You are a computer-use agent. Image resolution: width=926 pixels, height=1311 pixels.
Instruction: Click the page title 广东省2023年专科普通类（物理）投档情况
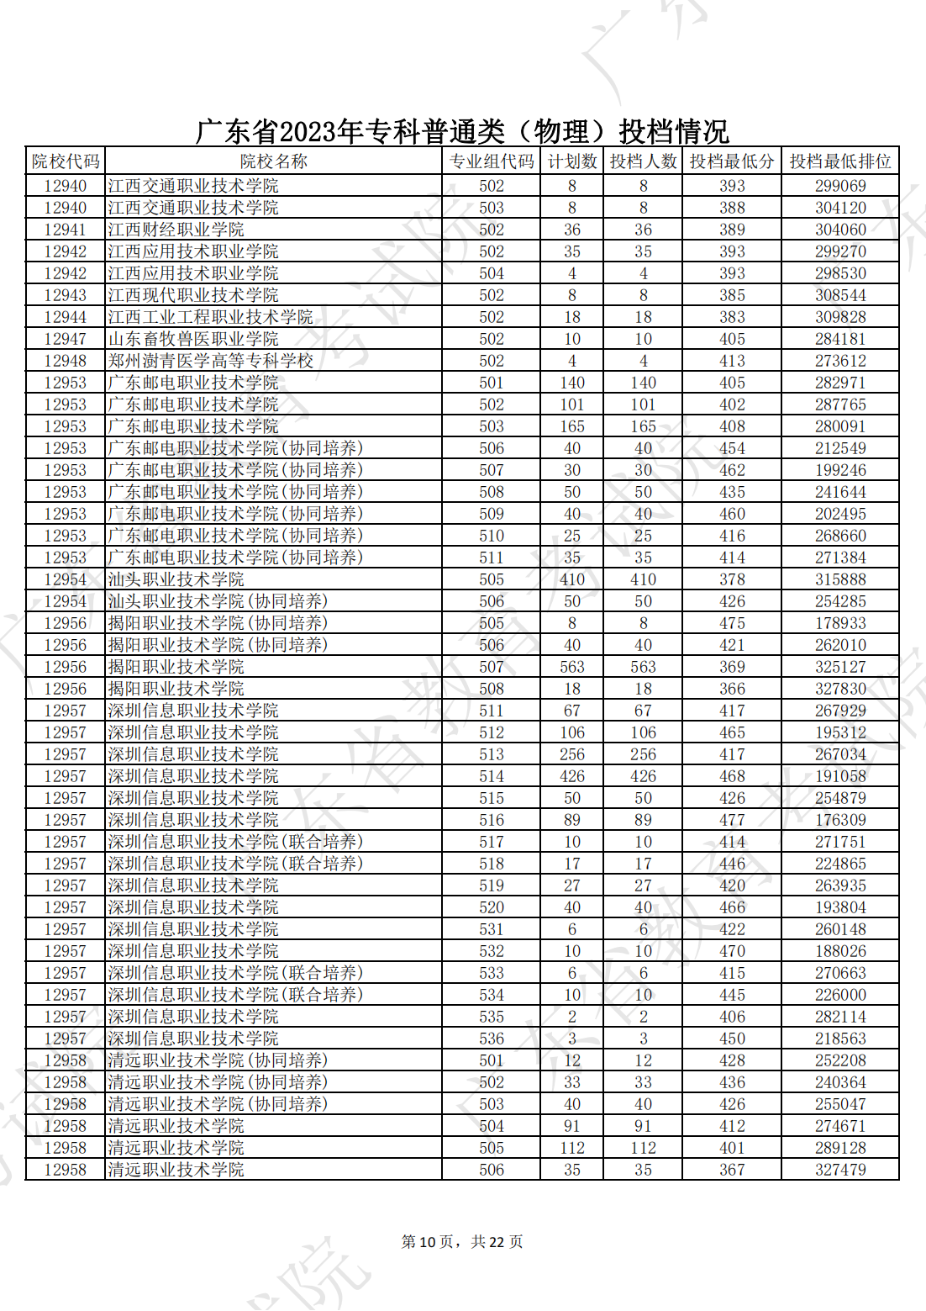click(x=462, y=131)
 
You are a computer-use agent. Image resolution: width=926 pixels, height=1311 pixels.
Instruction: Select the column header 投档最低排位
click(x=839, y=161)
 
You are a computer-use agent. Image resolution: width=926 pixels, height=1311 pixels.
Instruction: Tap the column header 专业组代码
click(x=492, y=161)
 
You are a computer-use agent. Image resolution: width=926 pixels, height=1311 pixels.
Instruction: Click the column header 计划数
click(x=571, y=161)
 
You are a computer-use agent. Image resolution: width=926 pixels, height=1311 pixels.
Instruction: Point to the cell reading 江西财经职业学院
click(x=176, y=230)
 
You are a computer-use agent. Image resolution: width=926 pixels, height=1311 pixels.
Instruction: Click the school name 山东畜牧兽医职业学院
click(x=193, y=339)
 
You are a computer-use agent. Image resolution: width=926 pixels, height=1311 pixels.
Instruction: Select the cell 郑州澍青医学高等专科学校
click(x=211, y=361)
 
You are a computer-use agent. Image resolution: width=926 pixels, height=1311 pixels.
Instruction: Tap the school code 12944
click(x=66, y=317)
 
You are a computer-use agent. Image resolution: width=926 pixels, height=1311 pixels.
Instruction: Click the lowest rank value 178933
click(x=839, y=623)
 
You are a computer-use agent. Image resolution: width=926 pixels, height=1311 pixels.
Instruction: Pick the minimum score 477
click(x=732, y=820)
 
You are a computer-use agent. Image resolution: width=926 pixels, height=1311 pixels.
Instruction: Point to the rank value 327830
click(x=839, y=689)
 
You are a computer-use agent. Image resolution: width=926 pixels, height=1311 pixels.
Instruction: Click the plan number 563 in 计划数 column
click(x=572, y=667)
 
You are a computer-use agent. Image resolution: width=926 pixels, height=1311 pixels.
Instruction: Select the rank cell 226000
click(x=839, y=995)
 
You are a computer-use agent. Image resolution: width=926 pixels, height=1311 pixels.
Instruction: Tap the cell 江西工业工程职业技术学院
click(x=211, y=317)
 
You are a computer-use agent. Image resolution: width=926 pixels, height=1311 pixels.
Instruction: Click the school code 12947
click(x=66, y=339)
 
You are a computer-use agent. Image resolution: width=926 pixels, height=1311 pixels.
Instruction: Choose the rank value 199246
click(x=839, y=470)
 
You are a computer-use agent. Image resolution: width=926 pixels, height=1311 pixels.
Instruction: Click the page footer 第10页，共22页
click(x=462, y=1242)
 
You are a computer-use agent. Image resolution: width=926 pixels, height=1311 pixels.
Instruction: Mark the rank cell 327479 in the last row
click(x=839, y=1170)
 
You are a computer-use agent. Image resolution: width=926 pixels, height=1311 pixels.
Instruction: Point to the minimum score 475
click(x=732, y=623)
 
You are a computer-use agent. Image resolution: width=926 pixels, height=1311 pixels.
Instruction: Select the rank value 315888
click(x=839, y=579)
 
